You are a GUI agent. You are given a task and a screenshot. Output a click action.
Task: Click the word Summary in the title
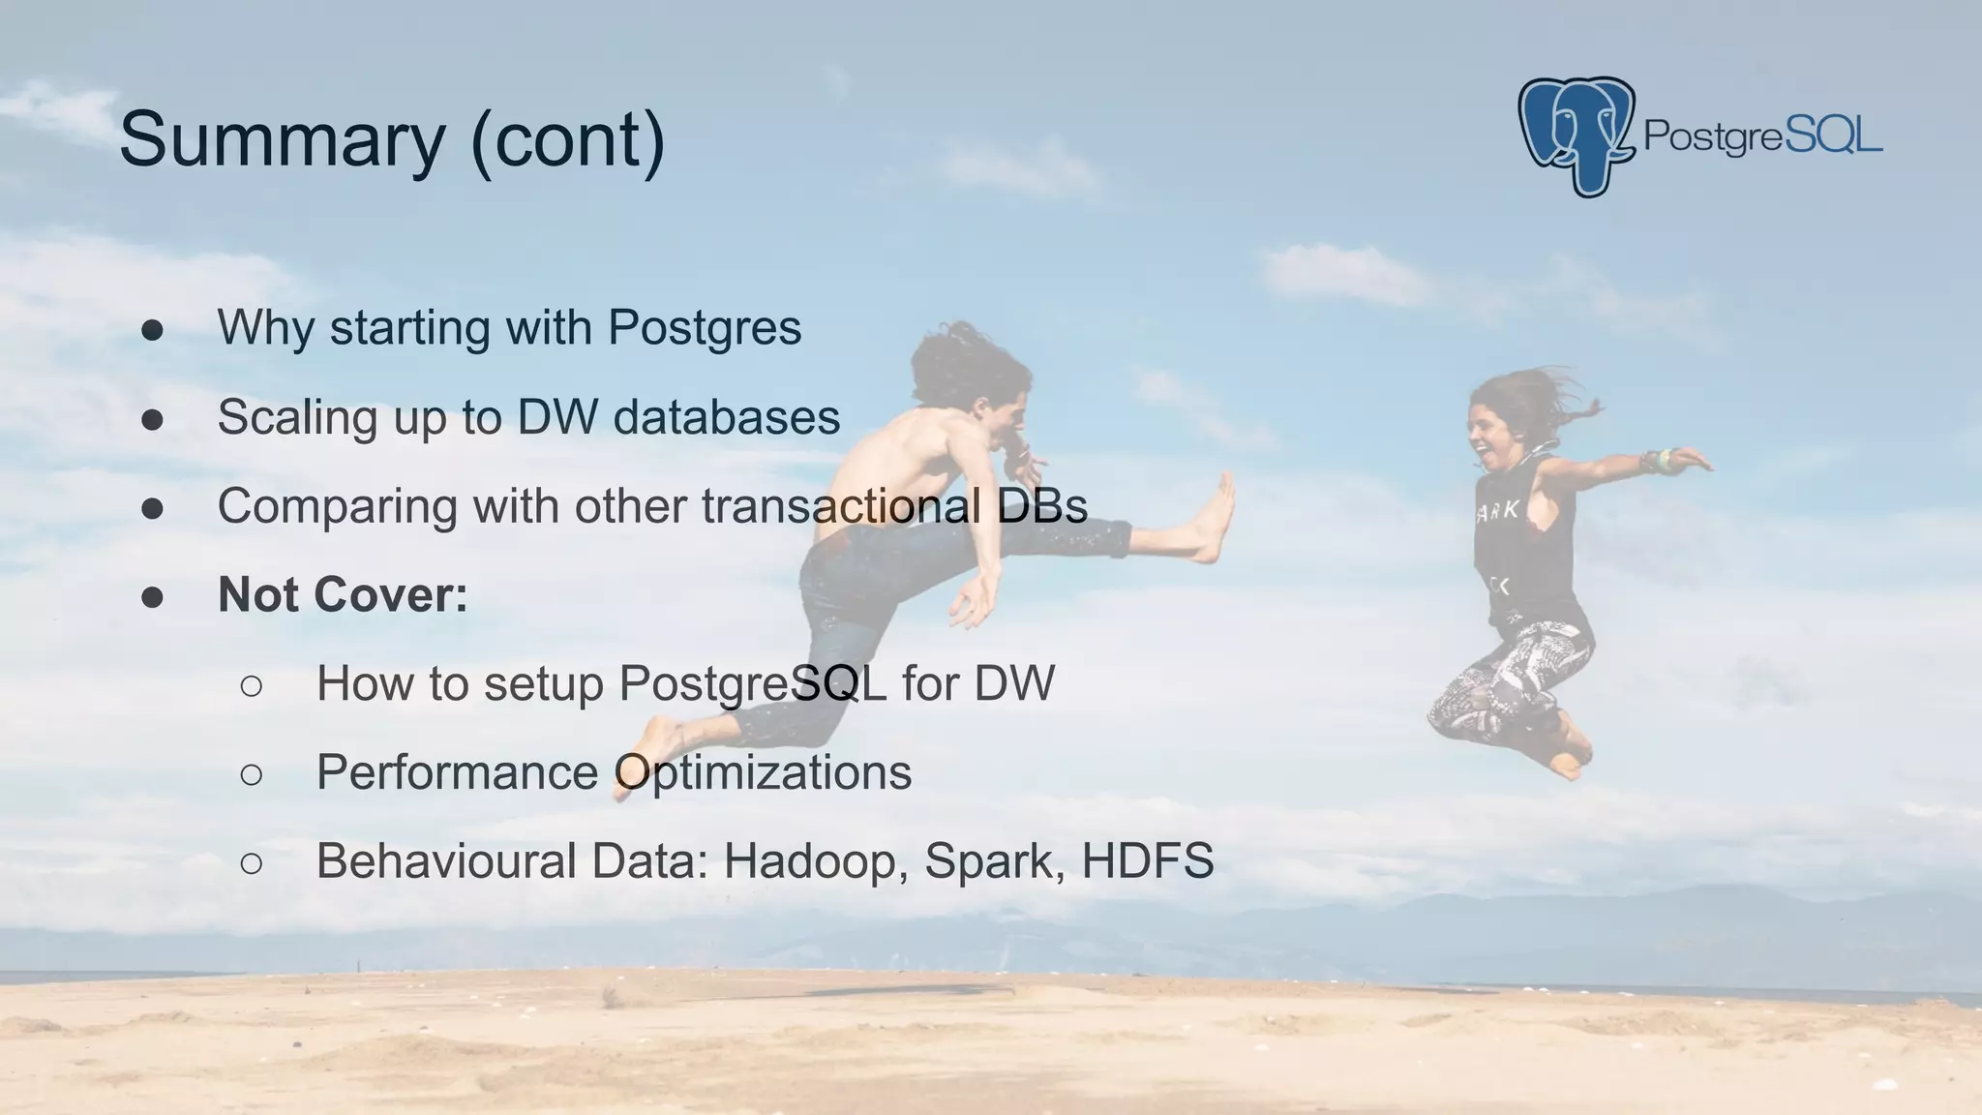point(281,140)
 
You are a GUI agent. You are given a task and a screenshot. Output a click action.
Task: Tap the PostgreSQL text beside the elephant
point(1762,136)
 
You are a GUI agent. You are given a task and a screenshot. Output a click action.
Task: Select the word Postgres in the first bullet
point(705,327)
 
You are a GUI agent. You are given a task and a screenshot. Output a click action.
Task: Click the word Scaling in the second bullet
point(297,417)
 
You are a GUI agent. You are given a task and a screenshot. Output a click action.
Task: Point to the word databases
point(726,417)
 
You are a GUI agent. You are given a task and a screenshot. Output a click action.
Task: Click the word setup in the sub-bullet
point(544,683)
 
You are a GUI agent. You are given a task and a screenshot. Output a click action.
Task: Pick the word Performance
point(458,772)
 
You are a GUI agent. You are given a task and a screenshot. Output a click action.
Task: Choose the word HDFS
point(1148,860)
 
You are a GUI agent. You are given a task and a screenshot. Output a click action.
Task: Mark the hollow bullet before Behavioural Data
point(251,862)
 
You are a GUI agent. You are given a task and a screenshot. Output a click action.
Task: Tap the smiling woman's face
point(1488,427)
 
